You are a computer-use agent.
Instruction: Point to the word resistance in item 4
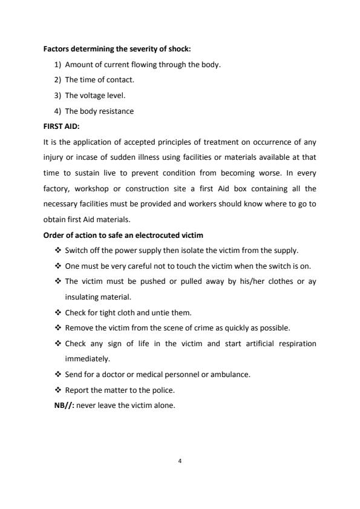[117, 111]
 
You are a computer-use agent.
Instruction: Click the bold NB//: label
[65, 406]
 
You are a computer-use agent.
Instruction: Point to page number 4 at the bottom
[180, 461]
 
